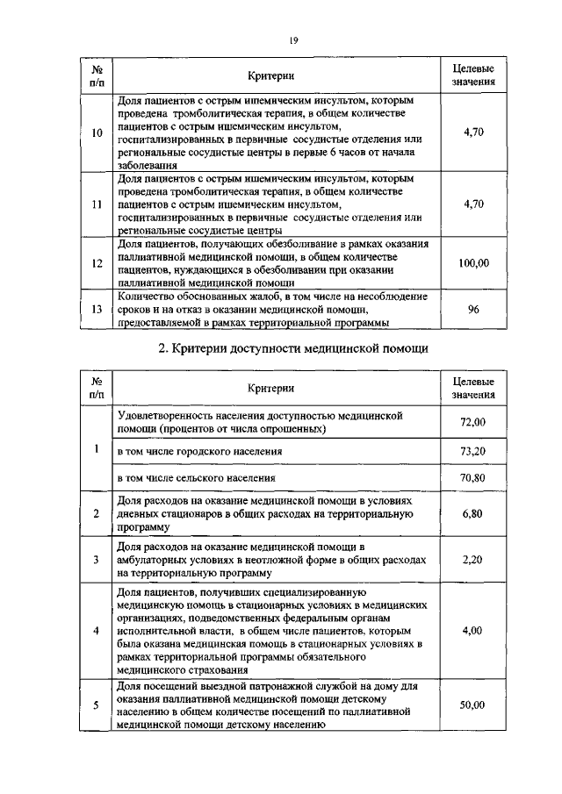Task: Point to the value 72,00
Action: tap(472, 422)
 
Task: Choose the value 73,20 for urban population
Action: tap(472, 451)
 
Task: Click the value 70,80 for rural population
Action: tap(472, 478)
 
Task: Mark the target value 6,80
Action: tap(472, 513)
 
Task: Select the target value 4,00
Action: tap(472, 631)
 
